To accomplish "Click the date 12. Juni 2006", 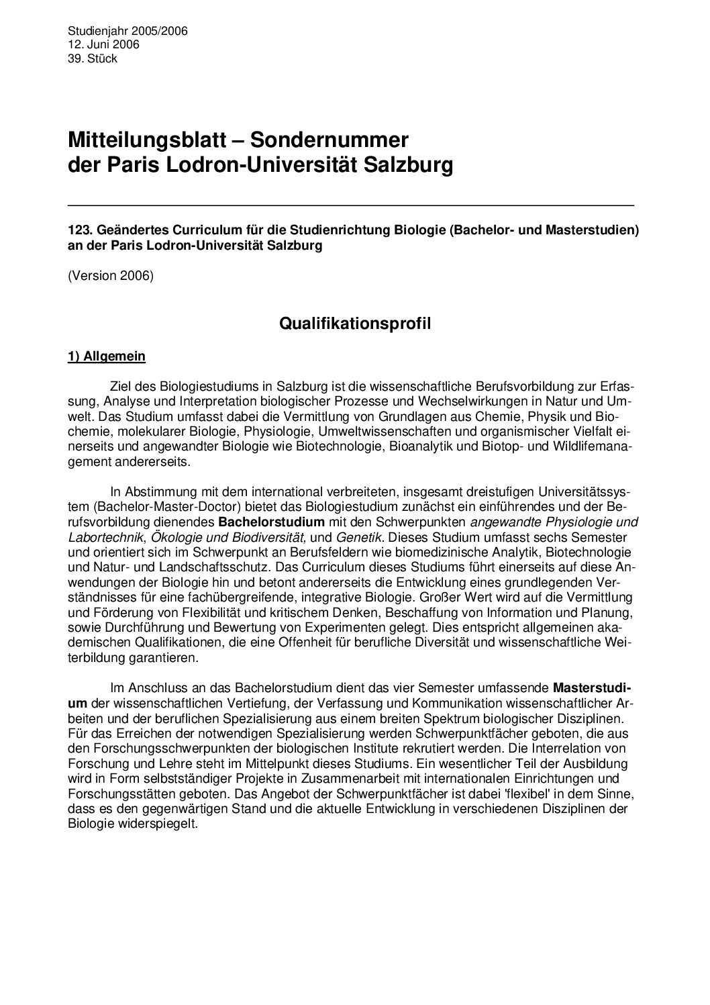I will (x=103, y=44).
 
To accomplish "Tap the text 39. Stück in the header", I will (x=93, y=58).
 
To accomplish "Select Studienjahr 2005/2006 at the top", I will (x=128, y=31).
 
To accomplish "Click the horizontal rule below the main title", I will (x=351, y=203).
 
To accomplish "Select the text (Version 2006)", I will (x=111, y=276).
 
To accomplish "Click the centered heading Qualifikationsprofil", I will (x=355, y=324).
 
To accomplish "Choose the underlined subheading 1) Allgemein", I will (x=107, y=356).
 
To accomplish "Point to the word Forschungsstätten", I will (x=115, y=794).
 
